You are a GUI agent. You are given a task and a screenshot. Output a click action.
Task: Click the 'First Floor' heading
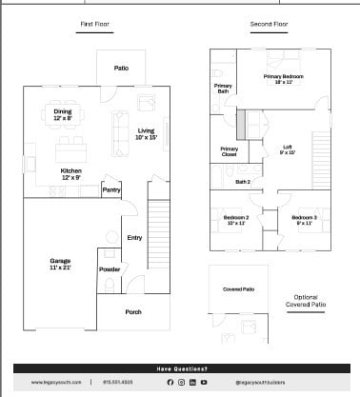click(93, 23)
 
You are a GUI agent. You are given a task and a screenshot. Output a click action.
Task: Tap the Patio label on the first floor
click(121, 68)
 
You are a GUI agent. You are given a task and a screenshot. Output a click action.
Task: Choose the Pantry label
click(110, 190)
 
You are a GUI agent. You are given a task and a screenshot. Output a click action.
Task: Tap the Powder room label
click(108, 268)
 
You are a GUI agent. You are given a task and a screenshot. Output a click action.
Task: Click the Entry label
click(133, 237)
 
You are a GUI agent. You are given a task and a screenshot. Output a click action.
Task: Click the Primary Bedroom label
click(283, 79)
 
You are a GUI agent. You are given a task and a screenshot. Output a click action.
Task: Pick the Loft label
click(289, 149)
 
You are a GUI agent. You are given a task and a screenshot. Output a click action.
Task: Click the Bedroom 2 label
click(236, 220)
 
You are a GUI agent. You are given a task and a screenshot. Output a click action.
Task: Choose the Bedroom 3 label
click(303, 220)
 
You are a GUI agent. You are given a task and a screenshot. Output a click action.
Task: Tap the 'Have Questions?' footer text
click(180, 368)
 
